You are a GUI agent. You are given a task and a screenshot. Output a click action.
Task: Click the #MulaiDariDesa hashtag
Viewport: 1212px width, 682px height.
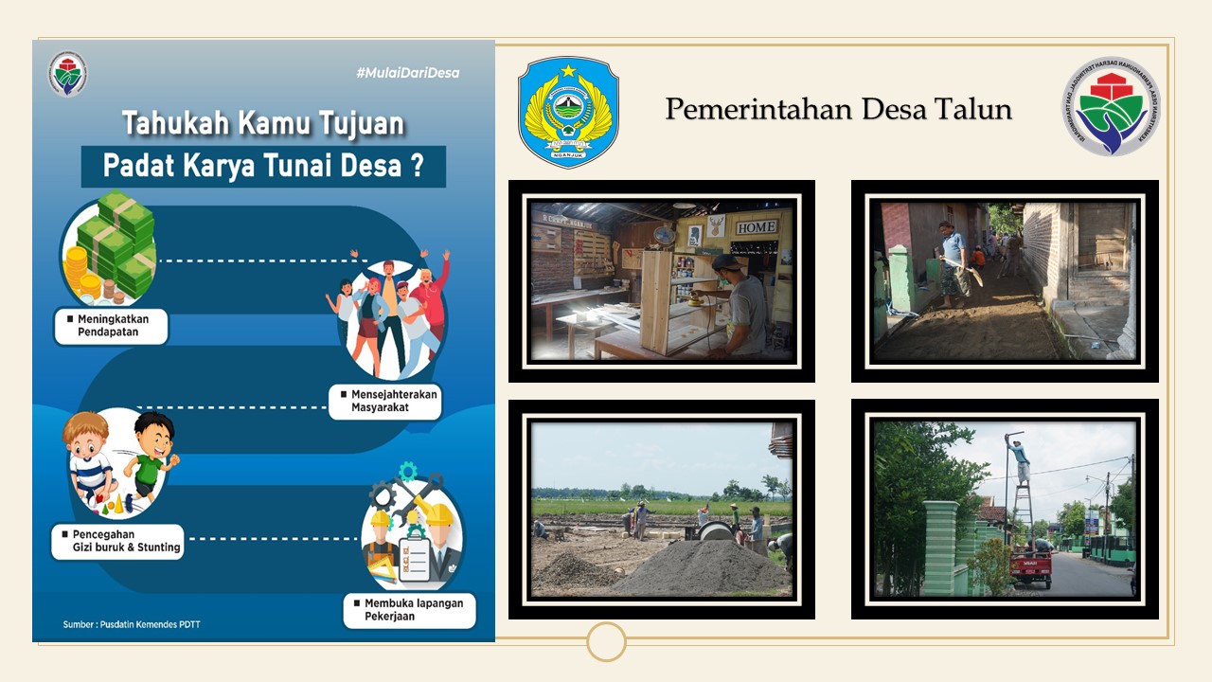point(407,73)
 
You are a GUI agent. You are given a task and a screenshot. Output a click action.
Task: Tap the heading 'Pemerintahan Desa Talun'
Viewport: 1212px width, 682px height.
point(838,109)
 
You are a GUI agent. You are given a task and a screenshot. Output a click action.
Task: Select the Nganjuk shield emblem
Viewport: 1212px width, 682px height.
point(568,112)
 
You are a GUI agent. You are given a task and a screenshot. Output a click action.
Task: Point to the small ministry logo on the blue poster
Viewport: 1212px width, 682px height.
point(68,75)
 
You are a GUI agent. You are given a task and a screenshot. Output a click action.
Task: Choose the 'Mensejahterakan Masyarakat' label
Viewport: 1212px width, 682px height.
point(385,401)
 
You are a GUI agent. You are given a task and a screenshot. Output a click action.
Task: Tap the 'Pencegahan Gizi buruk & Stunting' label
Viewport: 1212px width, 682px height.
point(117,541)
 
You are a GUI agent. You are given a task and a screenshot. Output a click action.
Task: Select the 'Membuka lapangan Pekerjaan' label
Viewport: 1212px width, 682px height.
point(409,610)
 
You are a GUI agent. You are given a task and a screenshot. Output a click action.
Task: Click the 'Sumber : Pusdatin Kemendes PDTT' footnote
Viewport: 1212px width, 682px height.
point(132,624)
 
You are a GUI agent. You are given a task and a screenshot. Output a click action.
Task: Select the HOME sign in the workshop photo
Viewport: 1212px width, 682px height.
point(757,227)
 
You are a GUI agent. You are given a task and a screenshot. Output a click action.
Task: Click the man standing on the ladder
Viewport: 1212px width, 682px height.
point(1020,461)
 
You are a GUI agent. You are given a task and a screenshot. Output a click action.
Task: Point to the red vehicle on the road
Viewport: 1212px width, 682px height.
point(1030,566)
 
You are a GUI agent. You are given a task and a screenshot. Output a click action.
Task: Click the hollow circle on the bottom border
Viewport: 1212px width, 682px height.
point(606,641)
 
